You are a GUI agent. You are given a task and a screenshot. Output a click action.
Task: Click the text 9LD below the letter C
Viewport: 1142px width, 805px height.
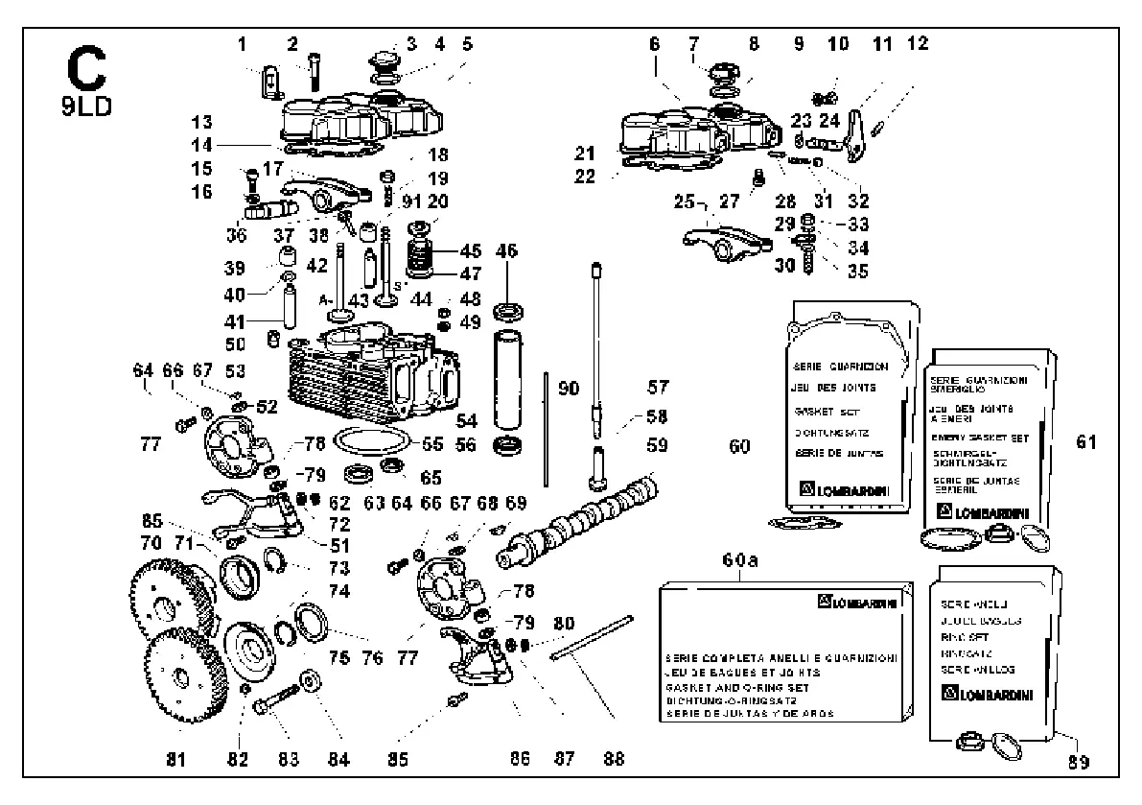pyautogui.click(x=85, y=104)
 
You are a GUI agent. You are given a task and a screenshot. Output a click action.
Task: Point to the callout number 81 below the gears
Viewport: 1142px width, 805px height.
pyautogui.click(x=174, y=759)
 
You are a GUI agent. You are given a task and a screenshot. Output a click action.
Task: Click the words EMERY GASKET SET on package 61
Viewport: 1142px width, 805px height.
pyautogui.click(x=978, y=438)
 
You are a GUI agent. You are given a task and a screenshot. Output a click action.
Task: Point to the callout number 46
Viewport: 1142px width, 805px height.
pyautogui.click(x=505, y=252)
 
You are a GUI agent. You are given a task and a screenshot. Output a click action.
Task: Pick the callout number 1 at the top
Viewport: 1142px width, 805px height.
pyautogui.click(x=242, y=43)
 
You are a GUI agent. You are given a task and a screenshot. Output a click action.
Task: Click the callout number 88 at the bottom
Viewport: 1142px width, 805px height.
pyautogui.click(x=614, y=759)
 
